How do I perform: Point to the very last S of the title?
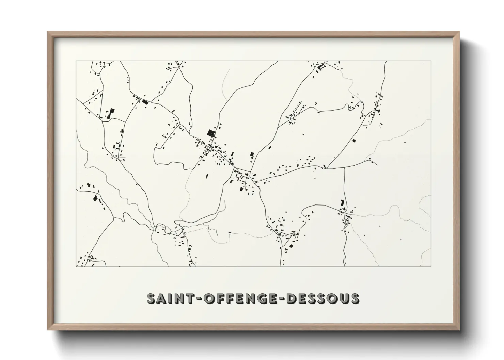point(355,298)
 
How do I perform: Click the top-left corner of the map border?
point(76,61)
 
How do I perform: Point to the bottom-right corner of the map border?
point(431,266)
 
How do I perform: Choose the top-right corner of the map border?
point(431,61)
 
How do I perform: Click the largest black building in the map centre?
point(210,133)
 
